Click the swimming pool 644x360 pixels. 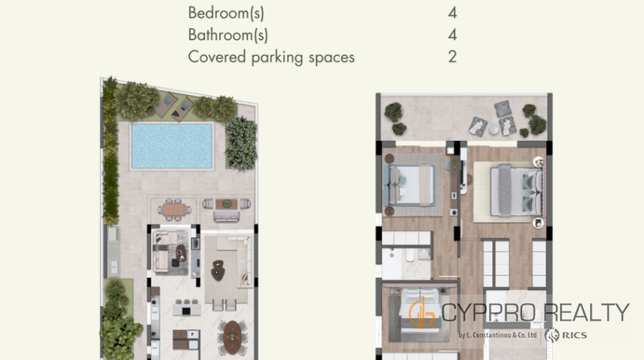(172, 146)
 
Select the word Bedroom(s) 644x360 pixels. (226, 13)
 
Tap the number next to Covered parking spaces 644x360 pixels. (452, 56)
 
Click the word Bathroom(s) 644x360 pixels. (228, 35)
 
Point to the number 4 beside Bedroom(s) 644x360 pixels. (452, 13)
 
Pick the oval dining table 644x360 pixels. (232, 337)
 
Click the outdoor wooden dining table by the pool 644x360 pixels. (174, 210)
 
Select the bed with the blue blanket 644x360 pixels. (409, 185)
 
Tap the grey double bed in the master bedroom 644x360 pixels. (516, 190)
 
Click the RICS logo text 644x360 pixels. (574, 335)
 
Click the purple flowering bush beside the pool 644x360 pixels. (241, 143)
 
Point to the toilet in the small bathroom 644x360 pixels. (410, 255)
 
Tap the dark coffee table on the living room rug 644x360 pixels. (217, 270)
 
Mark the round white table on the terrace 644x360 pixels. (494, 130)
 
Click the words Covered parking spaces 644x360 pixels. (271, 57)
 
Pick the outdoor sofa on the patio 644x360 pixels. (226, 217)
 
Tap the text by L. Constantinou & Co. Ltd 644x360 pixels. (497, 335)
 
